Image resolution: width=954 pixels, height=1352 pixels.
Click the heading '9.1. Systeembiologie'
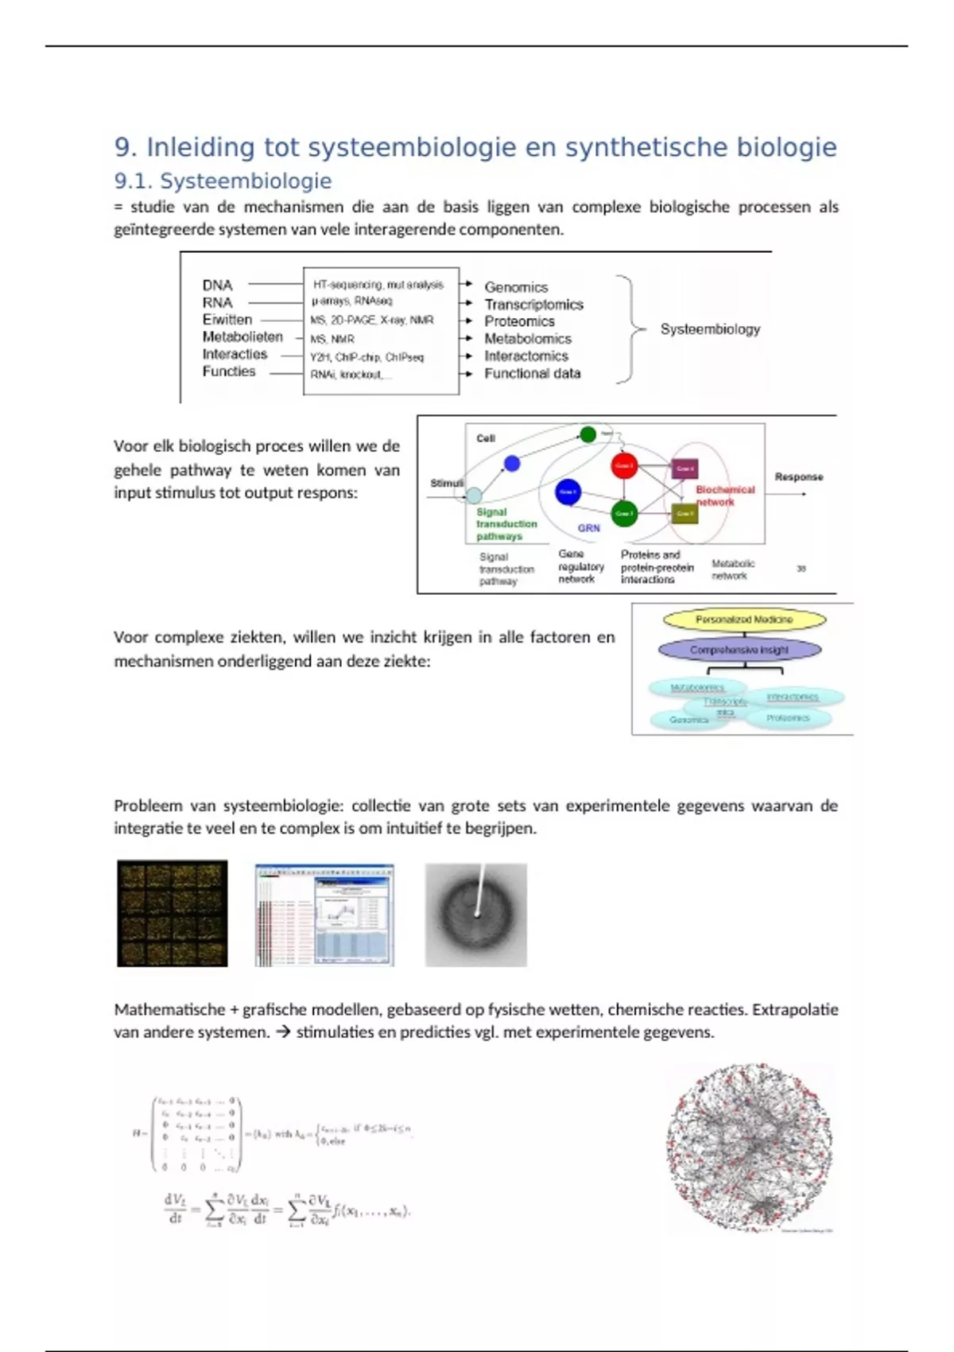(223, 181)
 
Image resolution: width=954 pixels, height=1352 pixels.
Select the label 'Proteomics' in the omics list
(519, 321)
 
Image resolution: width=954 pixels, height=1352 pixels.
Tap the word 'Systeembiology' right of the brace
(710, 329)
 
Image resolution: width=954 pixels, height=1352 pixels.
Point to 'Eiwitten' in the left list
(227, 320)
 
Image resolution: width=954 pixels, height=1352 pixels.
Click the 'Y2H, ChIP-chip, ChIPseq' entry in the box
(366, 357)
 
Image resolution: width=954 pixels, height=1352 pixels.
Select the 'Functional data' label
(532, 373)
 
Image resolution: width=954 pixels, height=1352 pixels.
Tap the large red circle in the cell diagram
(624, 466)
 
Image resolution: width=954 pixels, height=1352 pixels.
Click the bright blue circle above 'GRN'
(568, 492)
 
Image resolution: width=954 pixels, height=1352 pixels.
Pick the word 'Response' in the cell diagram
(798, 477)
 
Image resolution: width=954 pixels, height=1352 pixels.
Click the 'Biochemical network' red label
(724, 495)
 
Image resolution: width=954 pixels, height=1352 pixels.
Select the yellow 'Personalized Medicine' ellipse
(744, 620)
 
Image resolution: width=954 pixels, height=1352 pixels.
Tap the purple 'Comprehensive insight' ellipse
(739, 650)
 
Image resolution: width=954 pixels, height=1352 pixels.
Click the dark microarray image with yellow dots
(173, 913)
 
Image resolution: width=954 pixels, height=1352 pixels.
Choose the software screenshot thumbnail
(324, 915)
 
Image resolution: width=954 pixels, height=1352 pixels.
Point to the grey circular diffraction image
(475, 915)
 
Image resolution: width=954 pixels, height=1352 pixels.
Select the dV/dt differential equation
(287, 1210)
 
